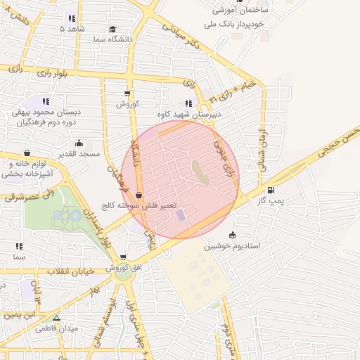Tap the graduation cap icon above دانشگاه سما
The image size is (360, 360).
[112, 29]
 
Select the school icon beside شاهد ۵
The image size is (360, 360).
[71, 19]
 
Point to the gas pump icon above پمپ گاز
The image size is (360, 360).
[271, 190]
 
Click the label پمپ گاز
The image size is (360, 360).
[271, 201]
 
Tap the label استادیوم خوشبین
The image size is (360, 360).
[233, 247]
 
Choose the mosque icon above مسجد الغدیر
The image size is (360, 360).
[79, 143]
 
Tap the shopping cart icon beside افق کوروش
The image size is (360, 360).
[124, 257]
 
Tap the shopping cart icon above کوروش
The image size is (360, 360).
[127, 94]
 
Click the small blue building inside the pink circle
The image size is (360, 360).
[180, 214]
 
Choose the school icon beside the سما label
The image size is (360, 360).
[19, 247]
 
